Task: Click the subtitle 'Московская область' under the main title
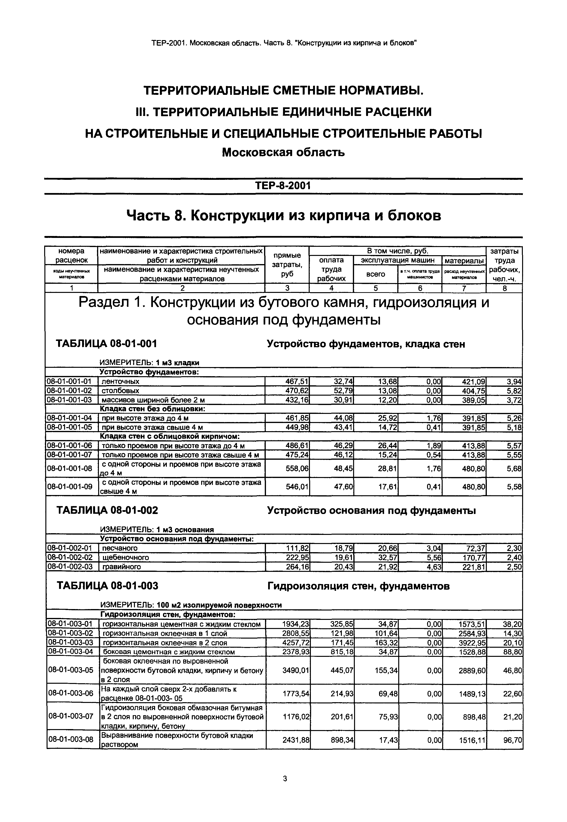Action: [x=283, y=153]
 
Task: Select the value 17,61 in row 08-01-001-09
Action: [x=388, y=487]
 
